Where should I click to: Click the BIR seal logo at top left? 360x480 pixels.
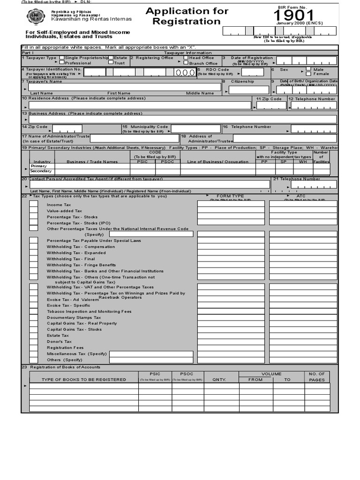[36, 17]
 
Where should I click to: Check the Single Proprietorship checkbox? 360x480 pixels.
[62, 57]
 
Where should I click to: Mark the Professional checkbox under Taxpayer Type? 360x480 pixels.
[62, 62]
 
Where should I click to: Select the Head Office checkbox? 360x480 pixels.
[186, 57]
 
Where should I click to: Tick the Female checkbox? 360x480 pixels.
[308, 74]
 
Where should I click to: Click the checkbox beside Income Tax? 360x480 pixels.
[34, 204]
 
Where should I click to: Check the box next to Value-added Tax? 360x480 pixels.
[34, 210]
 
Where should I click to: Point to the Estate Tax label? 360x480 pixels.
[58, 335]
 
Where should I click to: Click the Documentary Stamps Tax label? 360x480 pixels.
[74, 317]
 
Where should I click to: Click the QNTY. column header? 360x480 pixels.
[219, 379]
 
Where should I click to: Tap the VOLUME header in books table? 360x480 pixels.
[272, 374]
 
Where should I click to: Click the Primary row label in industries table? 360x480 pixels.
[39, 166]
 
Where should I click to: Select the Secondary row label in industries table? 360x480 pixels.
[41, 171]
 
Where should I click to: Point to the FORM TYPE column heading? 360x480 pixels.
[230, 196]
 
